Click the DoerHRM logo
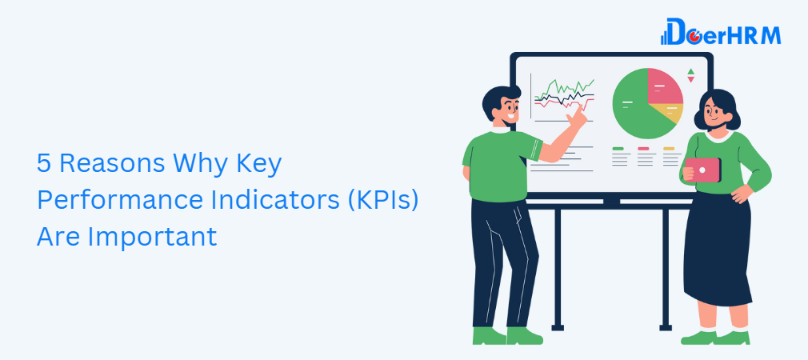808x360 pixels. tap(720, 32)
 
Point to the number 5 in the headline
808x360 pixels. tap(44, 164)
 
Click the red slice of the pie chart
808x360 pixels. tap(663, 87)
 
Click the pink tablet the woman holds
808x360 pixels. tap(702, 170)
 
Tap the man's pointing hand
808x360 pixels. tap(577, 118)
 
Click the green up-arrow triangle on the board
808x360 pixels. tap(690, 71)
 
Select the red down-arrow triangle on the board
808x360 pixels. tap(690, 80)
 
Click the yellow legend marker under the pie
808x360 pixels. tap(669, 148)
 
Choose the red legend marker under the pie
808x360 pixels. tap(643, 148)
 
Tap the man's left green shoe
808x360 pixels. tap(489, 336)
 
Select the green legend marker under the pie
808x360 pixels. tap(618, 148)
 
